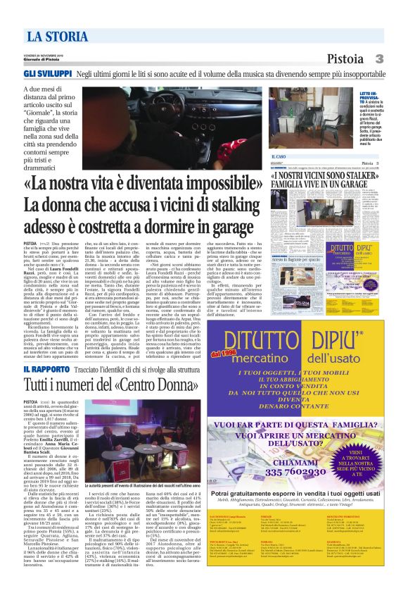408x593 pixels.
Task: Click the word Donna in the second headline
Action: [x=158, y=385]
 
